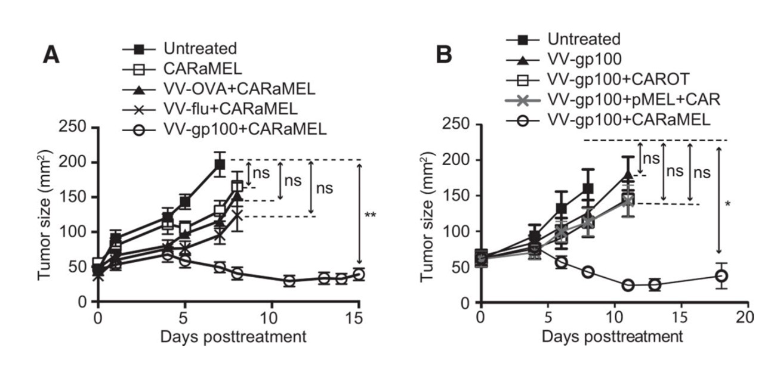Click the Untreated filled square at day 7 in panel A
pos(220,165)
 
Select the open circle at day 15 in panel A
pos(358,275)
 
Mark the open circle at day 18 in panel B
pos(721,276)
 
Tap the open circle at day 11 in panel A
pos(289,280)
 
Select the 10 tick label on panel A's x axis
pos(271,317)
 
